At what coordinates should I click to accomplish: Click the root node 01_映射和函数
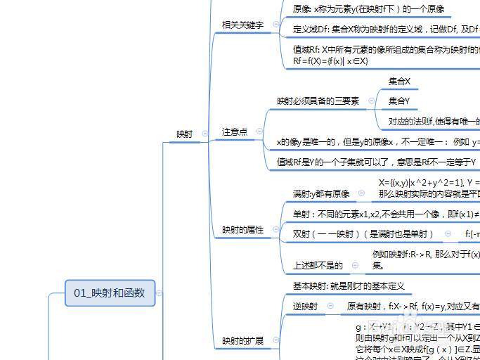110,292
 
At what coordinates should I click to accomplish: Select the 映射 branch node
185,134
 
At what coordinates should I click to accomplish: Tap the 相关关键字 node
242,25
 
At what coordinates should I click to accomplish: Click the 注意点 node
234,131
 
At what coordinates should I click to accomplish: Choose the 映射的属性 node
242,230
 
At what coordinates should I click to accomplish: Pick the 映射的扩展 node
242,341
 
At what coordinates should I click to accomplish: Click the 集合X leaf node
399,82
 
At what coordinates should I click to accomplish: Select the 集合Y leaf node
399,101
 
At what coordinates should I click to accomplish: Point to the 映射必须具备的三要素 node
318,101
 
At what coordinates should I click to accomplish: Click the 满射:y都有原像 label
321,193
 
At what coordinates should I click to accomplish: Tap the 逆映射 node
305,307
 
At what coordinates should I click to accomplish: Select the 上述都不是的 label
318,266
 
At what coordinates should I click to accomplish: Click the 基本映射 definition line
348,286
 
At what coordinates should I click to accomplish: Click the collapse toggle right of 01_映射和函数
160,292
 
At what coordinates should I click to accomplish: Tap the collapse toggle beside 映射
205,134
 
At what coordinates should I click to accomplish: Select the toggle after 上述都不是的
354,266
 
